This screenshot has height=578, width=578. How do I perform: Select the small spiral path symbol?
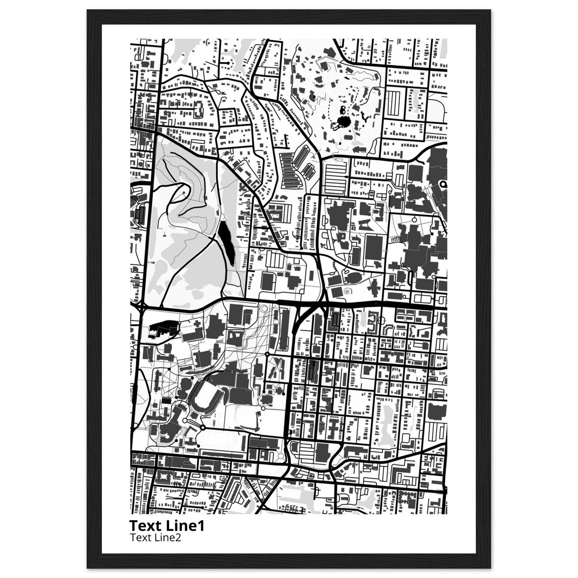click(347, 290)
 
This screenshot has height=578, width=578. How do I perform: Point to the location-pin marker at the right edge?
click(443, 184)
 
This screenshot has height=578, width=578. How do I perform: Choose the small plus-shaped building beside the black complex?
click(198, 324)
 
